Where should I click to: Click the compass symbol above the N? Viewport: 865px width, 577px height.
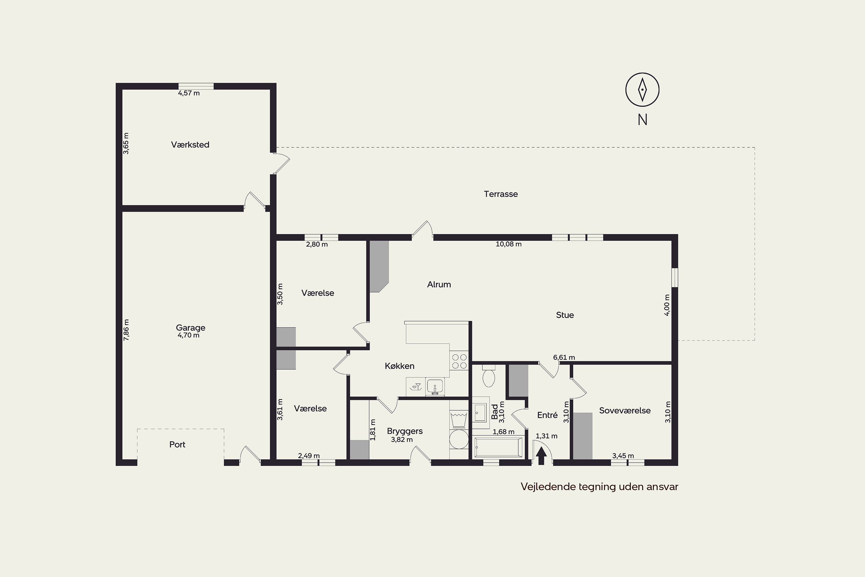coord(642,89)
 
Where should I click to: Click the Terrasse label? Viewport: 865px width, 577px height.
coord(501,194)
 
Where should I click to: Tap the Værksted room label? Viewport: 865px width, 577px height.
coord(190,145)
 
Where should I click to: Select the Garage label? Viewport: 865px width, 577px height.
coord(191,328)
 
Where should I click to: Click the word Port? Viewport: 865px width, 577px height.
coord(177,445)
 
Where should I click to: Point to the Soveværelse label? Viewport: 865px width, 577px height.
coord(625,410)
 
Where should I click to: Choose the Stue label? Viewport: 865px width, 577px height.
coord(565,315)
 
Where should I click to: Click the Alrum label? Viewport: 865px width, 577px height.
coord(439,284)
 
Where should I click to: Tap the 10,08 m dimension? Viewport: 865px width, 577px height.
coord(509,244)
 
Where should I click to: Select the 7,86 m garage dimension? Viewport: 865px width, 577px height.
coord(126,330)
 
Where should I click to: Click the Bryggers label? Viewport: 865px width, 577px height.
coord(405,431)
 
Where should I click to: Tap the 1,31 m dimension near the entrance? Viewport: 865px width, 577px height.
coord(546,436)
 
